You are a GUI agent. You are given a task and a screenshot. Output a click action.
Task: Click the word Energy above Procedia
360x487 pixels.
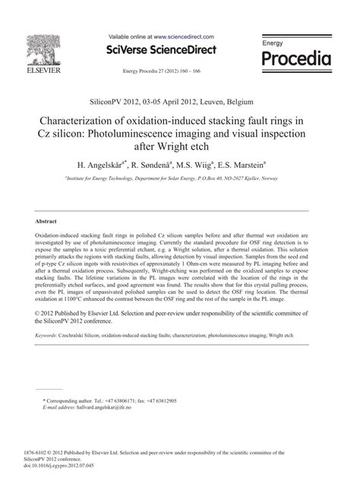273,43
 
